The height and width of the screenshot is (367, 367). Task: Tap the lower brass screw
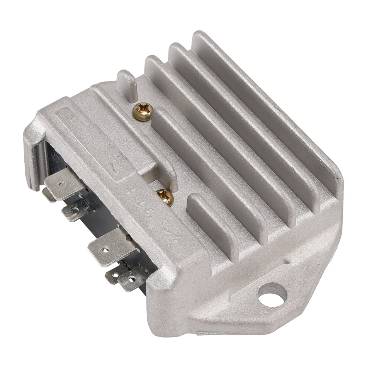click(x=165, y=197)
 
